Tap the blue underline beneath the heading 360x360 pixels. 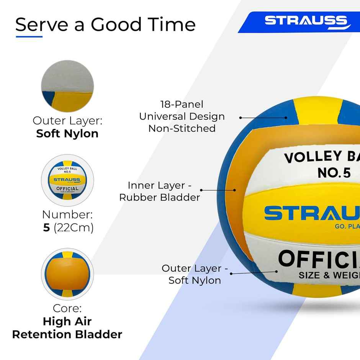29,37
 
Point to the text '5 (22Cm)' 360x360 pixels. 68,227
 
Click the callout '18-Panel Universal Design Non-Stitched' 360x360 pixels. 182,116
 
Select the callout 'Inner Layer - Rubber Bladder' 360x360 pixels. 160,191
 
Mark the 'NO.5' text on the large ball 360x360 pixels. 334,173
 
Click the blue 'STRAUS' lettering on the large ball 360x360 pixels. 312,214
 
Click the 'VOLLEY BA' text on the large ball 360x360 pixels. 321,157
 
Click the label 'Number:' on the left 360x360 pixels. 67,214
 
